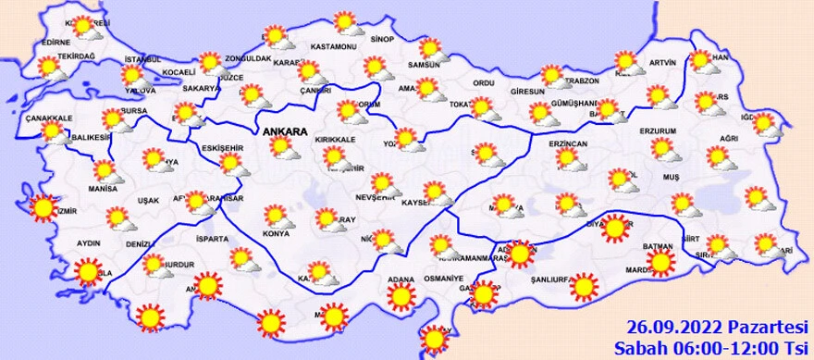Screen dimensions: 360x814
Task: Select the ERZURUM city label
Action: (x=659, y=130)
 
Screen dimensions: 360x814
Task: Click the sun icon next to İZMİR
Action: (x=43, y=208)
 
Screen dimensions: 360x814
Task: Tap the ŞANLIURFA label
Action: (x=536, y=279)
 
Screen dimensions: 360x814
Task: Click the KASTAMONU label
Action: (x=334, y=46)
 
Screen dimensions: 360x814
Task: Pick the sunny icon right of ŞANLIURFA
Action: (x=584, y=287)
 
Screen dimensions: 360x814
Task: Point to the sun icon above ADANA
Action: (x=401, y=296)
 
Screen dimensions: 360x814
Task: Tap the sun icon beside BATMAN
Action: (x=660, y=263)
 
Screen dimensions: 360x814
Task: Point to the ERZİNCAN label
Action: (x=568, y=145)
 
